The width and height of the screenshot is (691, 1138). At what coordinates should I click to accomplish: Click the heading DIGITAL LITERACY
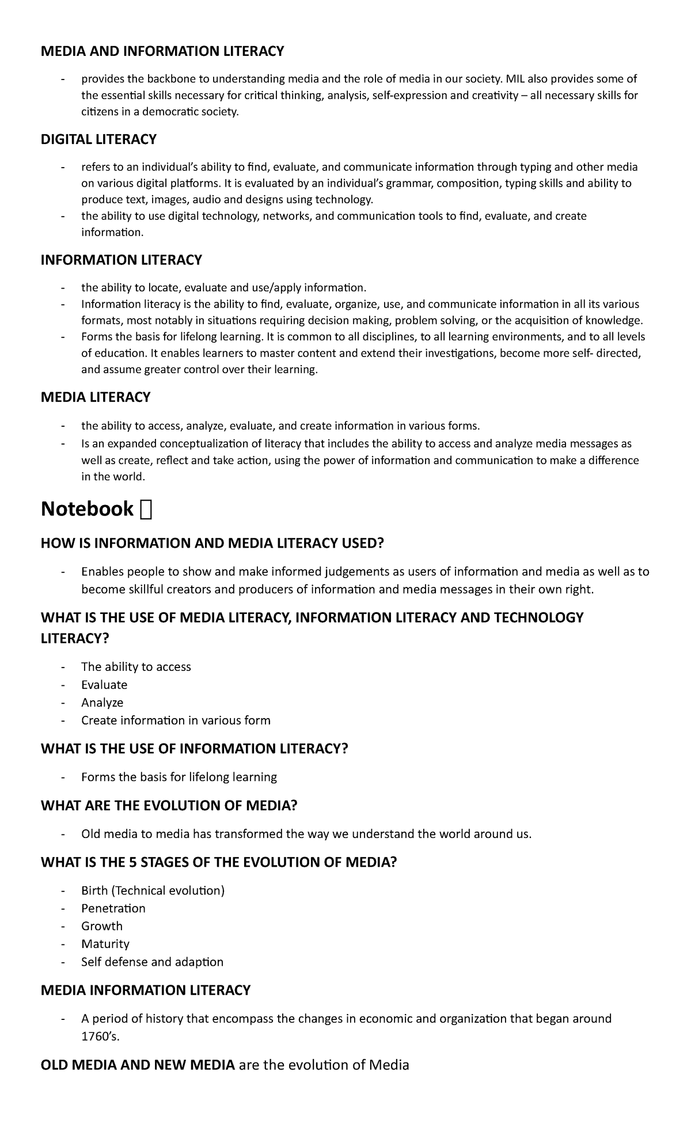click(x=98, y=139)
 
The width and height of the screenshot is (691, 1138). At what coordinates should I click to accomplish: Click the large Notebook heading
click(x=87, y=509)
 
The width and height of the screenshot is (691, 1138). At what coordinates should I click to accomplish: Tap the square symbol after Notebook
click(x=146, y=510)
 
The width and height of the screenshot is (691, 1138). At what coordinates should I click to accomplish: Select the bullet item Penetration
click(x=113, y=908)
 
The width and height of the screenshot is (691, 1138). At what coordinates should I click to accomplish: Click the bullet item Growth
click(x=102, y=926)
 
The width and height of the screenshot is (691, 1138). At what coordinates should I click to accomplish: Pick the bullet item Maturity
click(x=105, y=944)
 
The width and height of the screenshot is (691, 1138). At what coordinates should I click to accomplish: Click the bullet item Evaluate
click(x=104, y=685)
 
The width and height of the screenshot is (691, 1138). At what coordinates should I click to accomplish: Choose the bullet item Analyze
click(x=102, y=703)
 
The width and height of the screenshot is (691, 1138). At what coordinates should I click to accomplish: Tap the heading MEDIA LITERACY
click(x=96, y=397)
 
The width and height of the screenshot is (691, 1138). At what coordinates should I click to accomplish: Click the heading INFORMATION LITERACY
click(x=121, y=260)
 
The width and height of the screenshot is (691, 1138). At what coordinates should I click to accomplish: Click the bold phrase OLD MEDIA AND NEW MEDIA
click(x=138, y=1065)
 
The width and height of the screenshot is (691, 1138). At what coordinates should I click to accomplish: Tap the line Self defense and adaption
click(x=152, y=962)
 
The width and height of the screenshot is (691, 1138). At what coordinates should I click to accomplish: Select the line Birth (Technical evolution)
click(x=153, y=890)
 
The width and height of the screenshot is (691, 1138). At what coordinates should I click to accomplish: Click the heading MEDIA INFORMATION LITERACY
click(x=146, y=991)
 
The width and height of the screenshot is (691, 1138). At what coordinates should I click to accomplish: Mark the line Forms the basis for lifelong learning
click(x=179, y=777)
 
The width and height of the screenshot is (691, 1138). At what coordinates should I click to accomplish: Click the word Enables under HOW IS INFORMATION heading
click(x=102, y=572)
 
